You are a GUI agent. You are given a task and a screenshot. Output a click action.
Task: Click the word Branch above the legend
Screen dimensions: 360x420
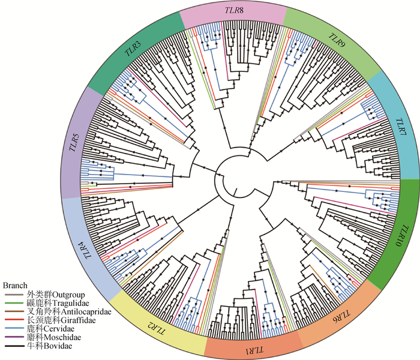tap(16, 285)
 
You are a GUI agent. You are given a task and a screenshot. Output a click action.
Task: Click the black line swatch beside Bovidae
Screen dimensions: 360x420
tap(14, 347)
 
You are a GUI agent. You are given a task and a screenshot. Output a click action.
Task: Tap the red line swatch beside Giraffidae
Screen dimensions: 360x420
tap(14, 321)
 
